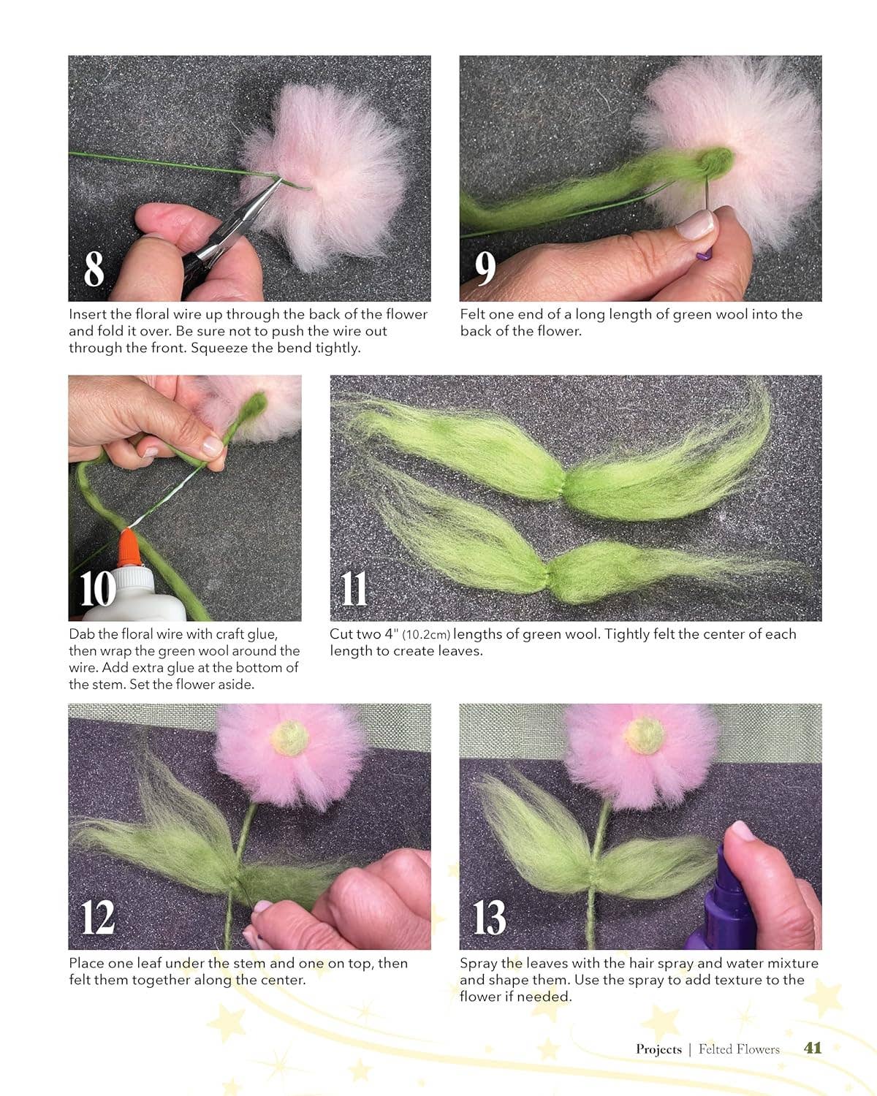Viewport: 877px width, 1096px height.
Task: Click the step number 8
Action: click(94, 268)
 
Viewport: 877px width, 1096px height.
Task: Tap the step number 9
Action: click(485, 268)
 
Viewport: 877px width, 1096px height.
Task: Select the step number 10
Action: click(97, 588)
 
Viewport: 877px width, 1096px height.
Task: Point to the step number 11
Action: click(354, 588)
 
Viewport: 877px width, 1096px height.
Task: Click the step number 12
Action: click(98, 917)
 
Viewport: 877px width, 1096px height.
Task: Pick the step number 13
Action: click(489, 917)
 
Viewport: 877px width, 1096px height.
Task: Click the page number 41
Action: click(813, 1048)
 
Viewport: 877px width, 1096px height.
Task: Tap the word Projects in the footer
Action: click(658, 1049)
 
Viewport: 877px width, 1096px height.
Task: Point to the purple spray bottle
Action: click(731, 899)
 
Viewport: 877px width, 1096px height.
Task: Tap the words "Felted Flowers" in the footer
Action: click(739, 1049)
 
